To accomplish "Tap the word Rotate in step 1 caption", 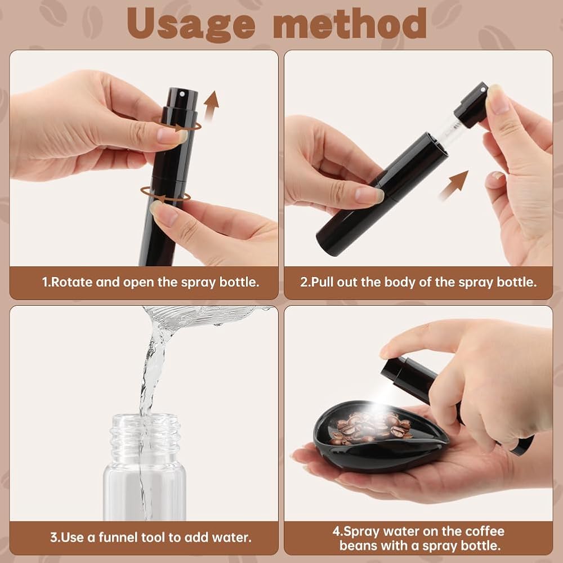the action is click(72, 282).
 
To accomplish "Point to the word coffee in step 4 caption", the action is click(484, 531).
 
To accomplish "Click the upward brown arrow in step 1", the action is click(212, 106).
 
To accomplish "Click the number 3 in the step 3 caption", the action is click(54, 538).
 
